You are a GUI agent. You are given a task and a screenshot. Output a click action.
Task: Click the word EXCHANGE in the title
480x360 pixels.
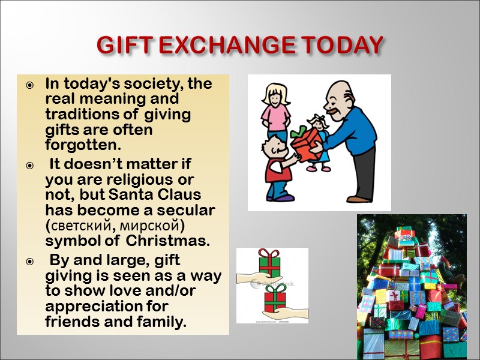click(x=219, y=45)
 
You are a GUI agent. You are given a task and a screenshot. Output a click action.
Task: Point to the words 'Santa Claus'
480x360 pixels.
click(x=161, y=196)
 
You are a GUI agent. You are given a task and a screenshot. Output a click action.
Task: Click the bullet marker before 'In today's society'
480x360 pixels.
click(x=29, y=85)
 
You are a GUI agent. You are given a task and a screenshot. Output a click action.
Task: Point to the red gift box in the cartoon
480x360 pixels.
click(x=305, y=143)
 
